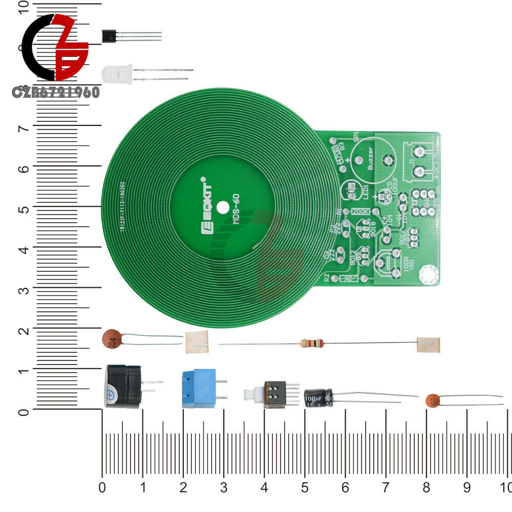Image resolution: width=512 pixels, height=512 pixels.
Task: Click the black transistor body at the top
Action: pyautogui.click(x=109, y=36)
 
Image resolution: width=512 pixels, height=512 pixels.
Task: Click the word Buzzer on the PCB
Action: pyautogui.click(x=370, y=159)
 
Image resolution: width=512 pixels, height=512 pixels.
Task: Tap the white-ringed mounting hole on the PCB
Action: pyautogui.click(x=428, y=275)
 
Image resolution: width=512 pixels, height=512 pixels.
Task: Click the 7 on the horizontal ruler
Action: pyautogui.click(x=385, y=486)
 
